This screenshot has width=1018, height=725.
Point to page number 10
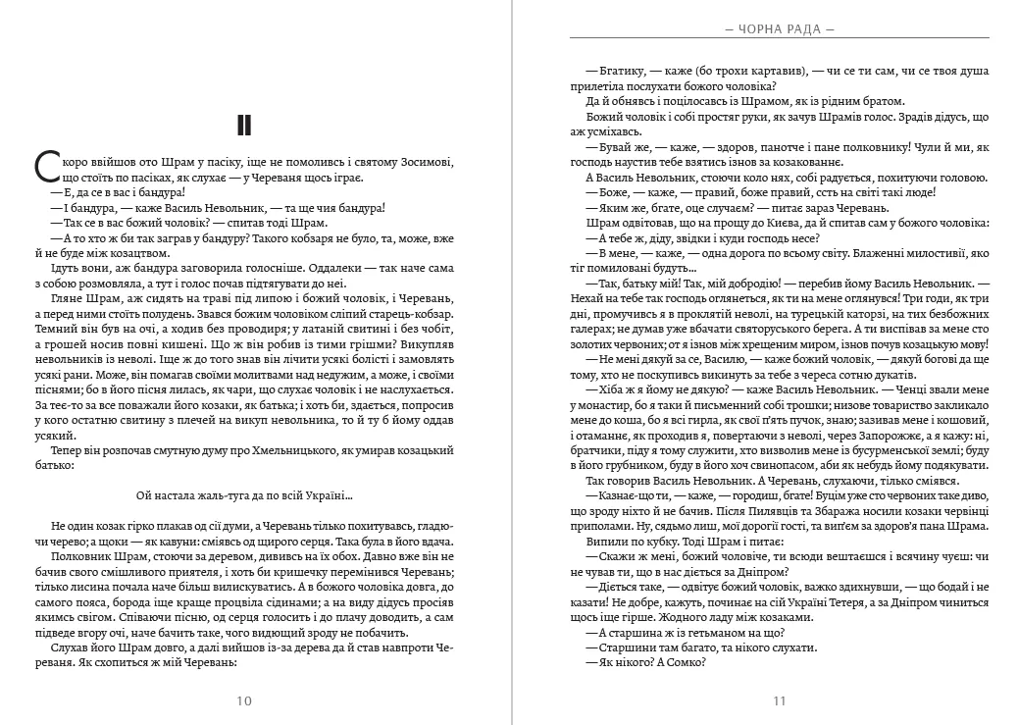245,700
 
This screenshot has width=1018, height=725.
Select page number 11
780,700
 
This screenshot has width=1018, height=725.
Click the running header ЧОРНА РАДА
780,29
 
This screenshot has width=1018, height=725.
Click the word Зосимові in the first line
425,161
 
